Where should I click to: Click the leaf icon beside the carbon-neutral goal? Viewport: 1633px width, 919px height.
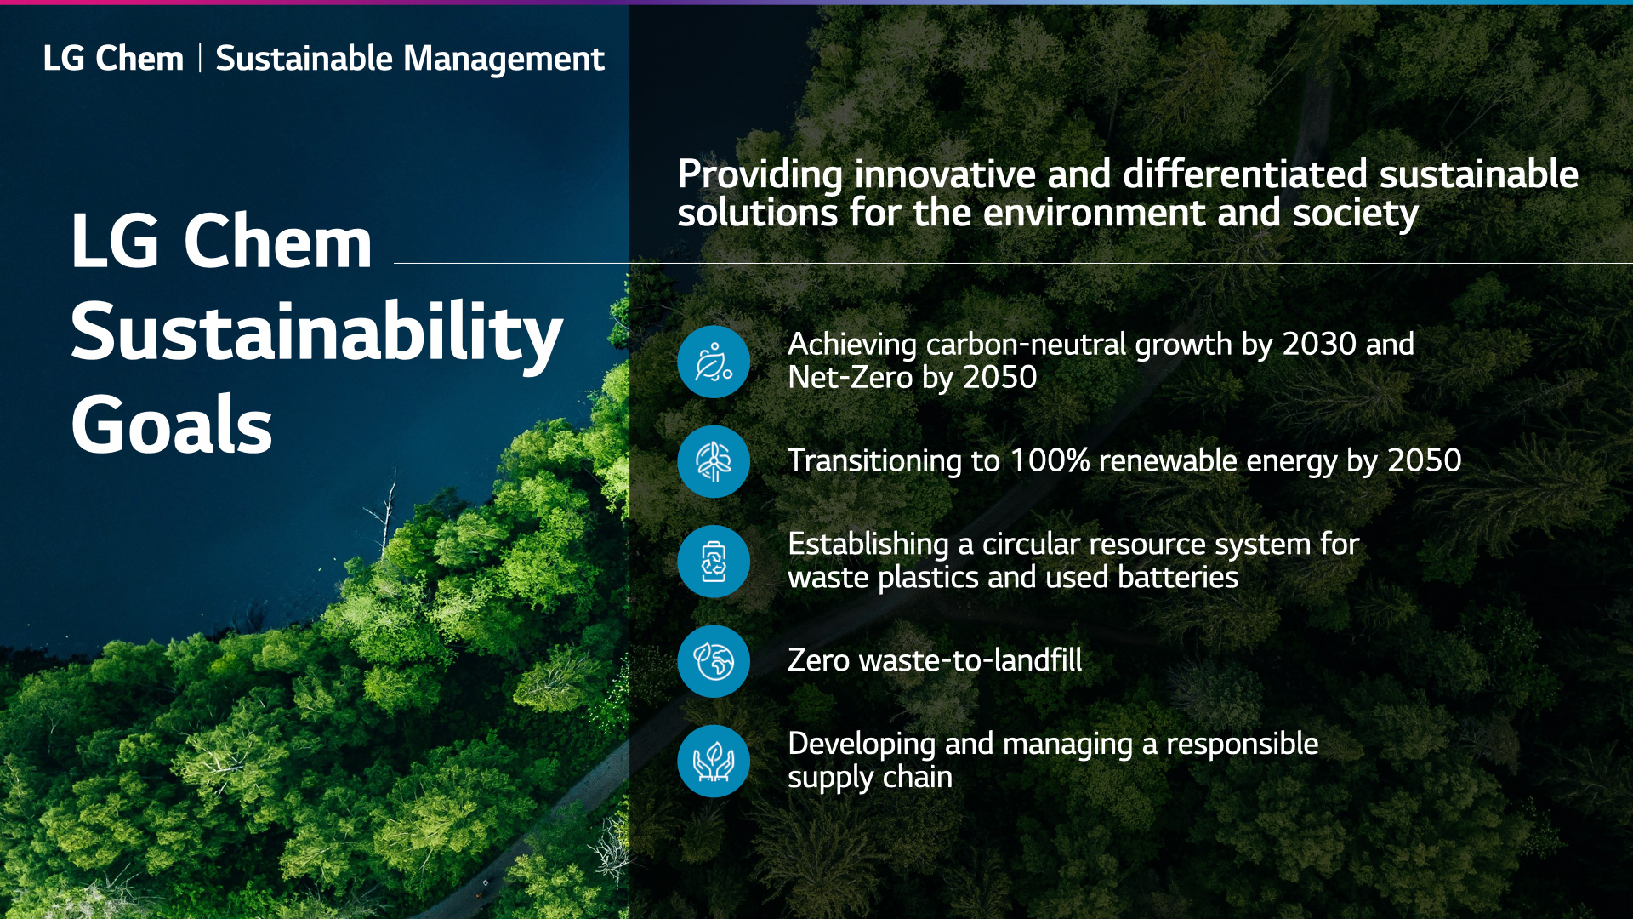pyautogui.click(x=714, y=362)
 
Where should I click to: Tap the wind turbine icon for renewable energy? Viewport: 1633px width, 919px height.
pyautogui.click(x=714, y=461)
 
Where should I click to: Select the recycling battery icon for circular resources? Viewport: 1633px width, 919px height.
pyautogui.click(x=714, y=562)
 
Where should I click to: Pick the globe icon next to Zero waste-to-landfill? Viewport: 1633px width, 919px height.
pyautogui.click(x=714, y=661)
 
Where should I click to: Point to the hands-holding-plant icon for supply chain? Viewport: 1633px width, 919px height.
pyautogui.click(x=714, y=761)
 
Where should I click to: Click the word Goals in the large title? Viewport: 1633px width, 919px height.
pyautogui.click(x=172, y=425)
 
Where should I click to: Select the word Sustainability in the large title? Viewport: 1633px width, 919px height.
pyautogui.click(x=316, y=333)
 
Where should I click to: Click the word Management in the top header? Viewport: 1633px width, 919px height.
pyautogui.click(x=504, y=59)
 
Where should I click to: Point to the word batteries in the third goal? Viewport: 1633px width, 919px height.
pyautogui.click(x=1178, y=577)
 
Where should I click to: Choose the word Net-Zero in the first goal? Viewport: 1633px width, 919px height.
pyautogui.click(x=851, y=377)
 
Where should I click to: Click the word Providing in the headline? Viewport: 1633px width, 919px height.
pyautogui.click(x=760, y=175)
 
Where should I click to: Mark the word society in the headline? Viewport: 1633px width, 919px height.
pyautogui.click(x=1356, y=214)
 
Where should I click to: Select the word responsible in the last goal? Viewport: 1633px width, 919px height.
pyautogui.click(x=1242, y=744)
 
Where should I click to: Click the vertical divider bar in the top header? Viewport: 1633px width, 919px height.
pyautogui.click(x=200, y=58)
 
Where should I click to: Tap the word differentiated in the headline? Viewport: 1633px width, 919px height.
pyautogui.click(x=1244, y=174)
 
